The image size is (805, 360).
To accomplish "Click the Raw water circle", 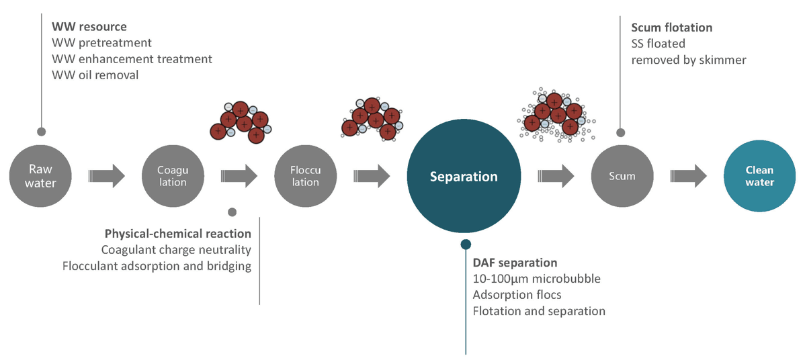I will point(42,176).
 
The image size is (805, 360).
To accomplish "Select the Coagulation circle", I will point(173,176).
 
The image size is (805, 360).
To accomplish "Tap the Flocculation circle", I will point(305,176).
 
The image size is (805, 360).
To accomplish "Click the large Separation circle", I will point(464,177).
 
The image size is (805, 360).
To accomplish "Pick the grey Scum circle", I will point(622,176).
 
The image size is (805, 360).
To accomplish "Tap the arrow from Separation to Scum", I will point(556,176).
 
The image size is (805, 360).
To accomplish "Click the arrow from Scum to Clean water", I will point(689,176).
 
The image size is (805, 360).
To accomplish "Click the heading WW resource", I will point(89,28).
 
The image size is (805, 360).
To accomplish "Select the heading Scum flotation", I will point(671,28).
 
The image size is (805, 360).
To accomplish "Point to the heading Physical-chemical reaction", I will point(178,234).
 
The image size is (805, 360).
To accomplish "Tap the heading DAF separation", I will point(515,263).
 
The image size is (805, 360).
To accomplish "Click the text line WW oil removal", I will point(95,75).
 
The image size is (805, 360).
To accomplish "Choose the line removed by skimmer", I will point(689,60).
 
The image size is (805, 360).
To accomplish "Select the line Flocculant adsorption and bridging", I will point(157,266).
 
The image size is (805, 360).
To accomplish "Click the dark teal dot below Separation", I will point(465,244).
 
